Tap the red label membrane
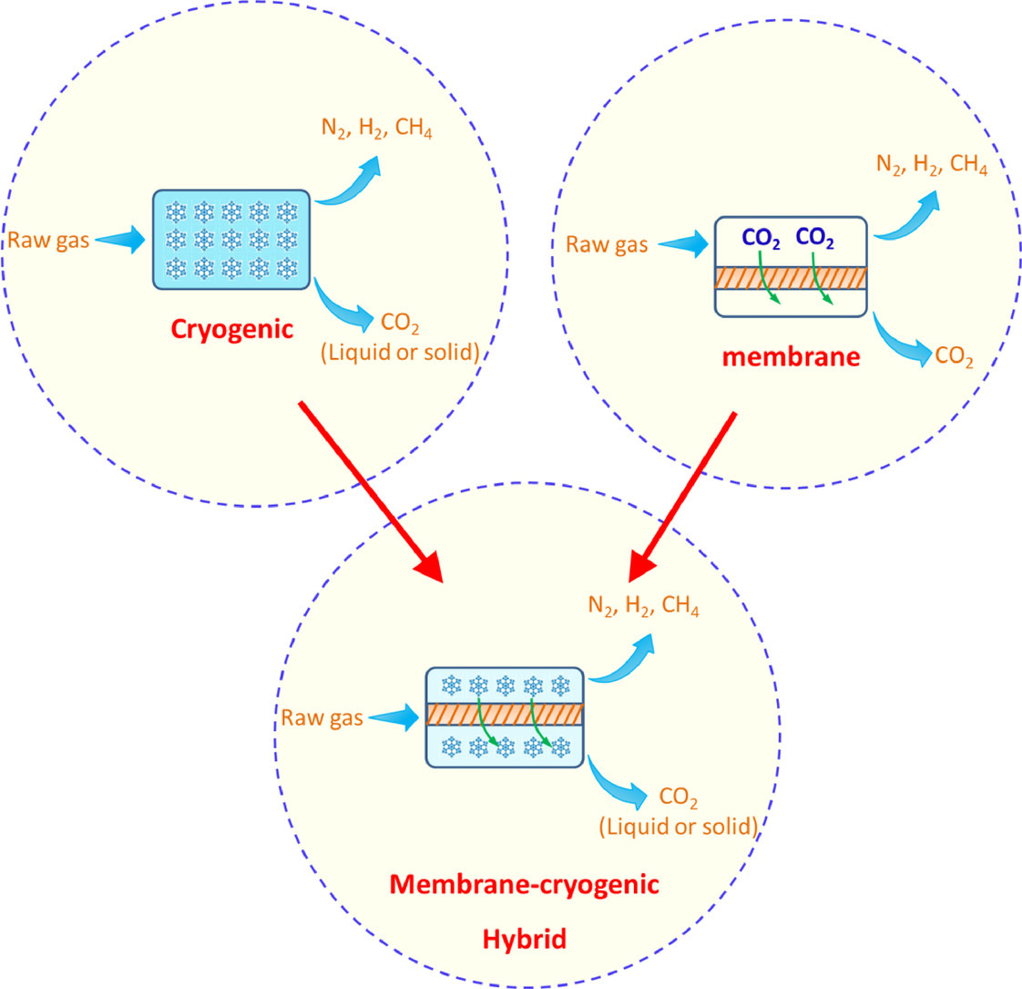coord(791,356)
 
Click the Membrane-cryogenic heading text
coord(524,883)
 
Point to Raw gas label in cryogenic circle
coord(49,241)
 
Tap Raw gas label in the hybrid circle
coord(322,717)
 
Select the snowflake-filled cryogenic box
coord(231,240)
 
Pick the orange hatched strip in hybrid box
coord(504,714)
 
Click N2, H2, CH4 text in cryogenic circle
coord(375,130)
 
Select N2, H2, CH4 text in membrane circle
coord(931,166)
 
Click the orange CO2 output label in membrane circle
coord(955,358)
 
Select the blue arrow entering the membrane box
coord(682,244)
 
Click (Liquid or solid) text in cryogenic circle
coord(412,353)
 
